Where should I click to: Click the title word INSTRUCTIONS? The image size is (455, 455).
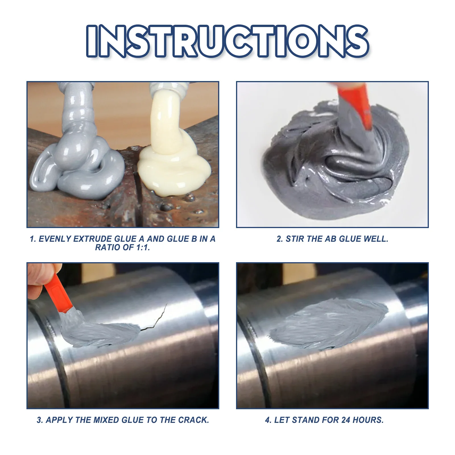pyautogui.click(x=227, y=41)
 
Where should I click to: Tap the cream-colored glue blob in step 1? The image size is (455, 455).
pyautogui.click(x=173, y=168)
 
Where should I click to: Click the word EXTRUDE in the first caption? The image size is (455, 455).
pyautogui.click(x=92, y=239)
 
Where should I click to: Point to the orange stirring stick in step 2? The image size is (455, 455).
pyautogui.click(x=355, y=105)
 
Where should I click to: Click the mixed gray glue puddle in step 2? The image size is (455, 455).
pyautogui.click(x=336, y=176)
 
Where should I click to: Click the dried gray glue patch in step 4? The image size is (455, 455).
pyautogui.click(x=330, y=324)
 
